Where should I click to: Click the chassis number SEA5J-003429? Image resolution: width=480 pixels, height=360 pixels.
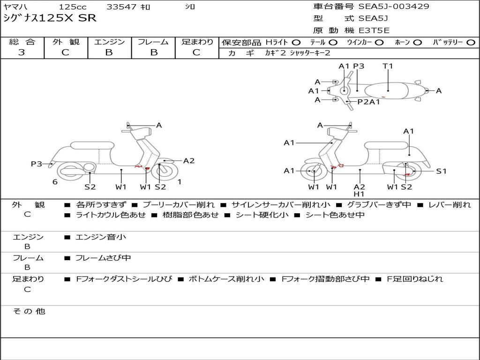[x=394, y=7]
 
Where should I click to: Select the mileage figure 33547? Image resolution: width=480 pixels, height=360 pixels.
[x=121, y=7]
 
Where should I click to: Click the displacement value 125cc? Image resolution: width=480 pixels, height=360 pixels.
[x=73, y=7]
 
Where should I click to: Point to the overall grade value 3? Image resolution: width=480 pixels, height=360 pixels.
[x=22, y=52]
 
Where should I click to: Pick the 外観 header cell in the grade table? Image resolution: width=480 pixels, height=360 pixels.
[x=66, y=42]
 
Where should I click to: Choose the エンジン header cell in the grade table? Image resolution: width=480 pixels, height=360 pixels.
[x=109, y=42]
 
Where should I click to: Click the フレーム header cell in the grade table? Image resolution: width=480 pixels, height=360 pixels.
[x=153, y=42]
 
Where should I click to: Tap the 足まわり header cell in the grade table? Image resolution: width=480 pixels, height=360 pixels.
[x=197, y=42]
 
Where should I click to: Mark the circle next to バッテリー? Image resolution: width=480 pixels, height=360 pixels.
[x=471, y=43]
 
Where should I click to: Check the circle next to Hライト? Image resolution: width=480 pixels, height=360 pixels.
[x=296, y=43]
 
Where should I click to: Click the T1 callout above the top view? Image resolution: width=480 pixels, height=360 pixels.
[x=388, y=66]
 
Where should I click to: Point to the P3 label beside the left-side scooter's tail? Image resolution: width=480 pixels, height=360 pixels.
[x=37, y=164]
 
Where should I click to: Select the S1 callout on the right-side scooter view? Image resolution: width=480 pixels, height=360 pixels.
[x=441, y=171]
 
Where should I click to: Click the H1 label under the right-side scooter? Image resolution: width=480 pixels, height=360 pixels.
[x=359, y=194]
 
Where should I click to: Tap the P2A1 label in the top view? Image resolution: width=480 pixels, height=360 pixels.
[x=369, y=102]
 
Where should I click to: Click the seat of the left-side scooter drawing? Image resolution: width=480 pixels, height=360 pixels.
[x=92, y=145]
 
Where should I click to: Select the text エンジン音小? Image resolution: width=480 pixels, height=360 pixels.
[x=101, y=237]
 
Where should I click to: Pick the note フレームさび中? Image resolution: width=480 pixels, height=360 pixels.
[x=103, y=258]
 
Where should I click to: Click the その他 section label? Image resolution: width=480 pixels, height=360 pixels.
[x=29, y=311]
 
